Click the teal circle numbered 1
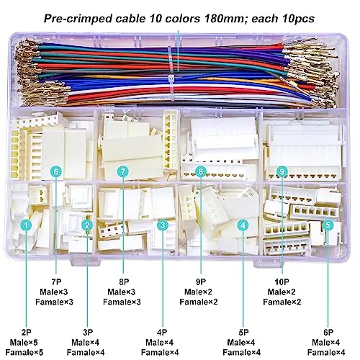pos(26,225)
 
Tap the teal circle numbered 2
pos(87,225)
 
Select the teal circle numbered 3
pos(163,225)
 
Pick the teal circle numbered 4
pos(243,225)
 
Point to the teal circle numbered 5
pos(328,225)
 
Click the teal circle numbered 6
pos(56,171)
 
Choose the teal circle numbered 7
pos(123,171)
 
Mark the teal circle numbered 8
pos(201,171)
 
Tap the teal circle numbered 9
pos(282,171)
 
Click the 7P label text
pos(56,282)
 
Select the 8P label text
pos(124,282)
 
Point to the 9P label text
pos(201,282)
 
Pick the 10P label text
pos(282,282)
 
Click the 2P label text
pos(26,333)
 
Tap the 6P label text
pos(328,333)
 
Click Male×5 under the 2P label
pos(24,343)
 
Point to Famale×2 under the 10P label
pos(282,302)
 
